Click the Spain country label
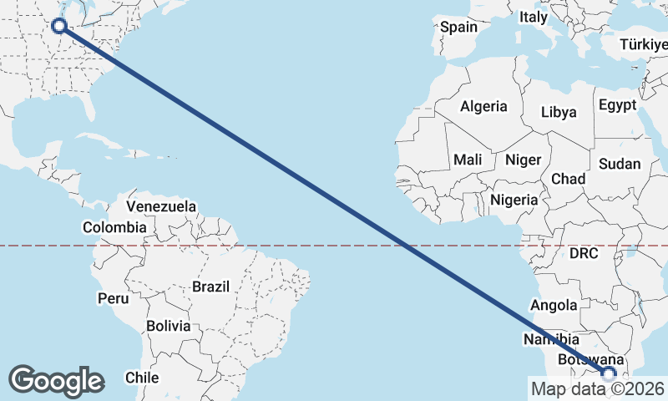459,27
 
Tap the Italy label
534,17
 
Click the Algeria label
483,106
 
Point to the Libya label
559,112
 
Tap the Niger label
524,160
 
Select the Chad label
568,179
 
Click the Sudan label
620,165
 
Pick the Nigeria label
514,200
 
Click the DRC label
584,252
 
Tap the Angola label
553,305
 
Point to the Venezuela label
161,206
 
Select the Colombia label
114,227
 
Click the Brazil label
210,287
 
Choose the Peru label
114,298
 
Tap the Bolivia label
168,326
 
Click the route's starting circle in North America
59,25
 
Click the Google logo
56,381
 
